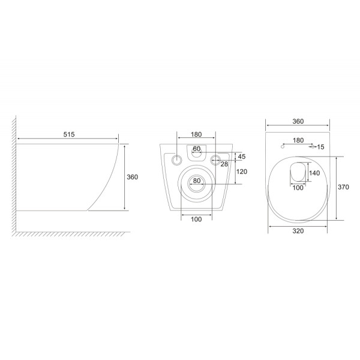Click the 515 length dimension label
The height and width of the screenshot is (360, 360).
69,134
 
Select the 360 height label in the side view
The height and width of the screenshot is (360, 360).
133,177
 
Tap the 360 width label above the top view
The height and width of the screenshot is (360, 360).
298,121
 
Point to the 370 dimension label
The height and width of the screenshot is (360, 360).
343,187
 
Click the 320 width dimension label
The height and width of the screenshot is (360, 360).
298,231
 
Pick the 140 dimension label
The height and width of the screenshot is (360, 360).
314,173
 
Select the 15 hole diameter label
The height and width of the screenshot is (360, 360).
320,147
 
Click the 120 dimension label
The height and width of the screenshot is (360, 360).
242,172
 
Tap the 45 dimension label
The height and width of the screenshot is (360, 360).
242,157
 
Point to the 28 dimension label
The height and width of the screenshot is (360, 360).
224,164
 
